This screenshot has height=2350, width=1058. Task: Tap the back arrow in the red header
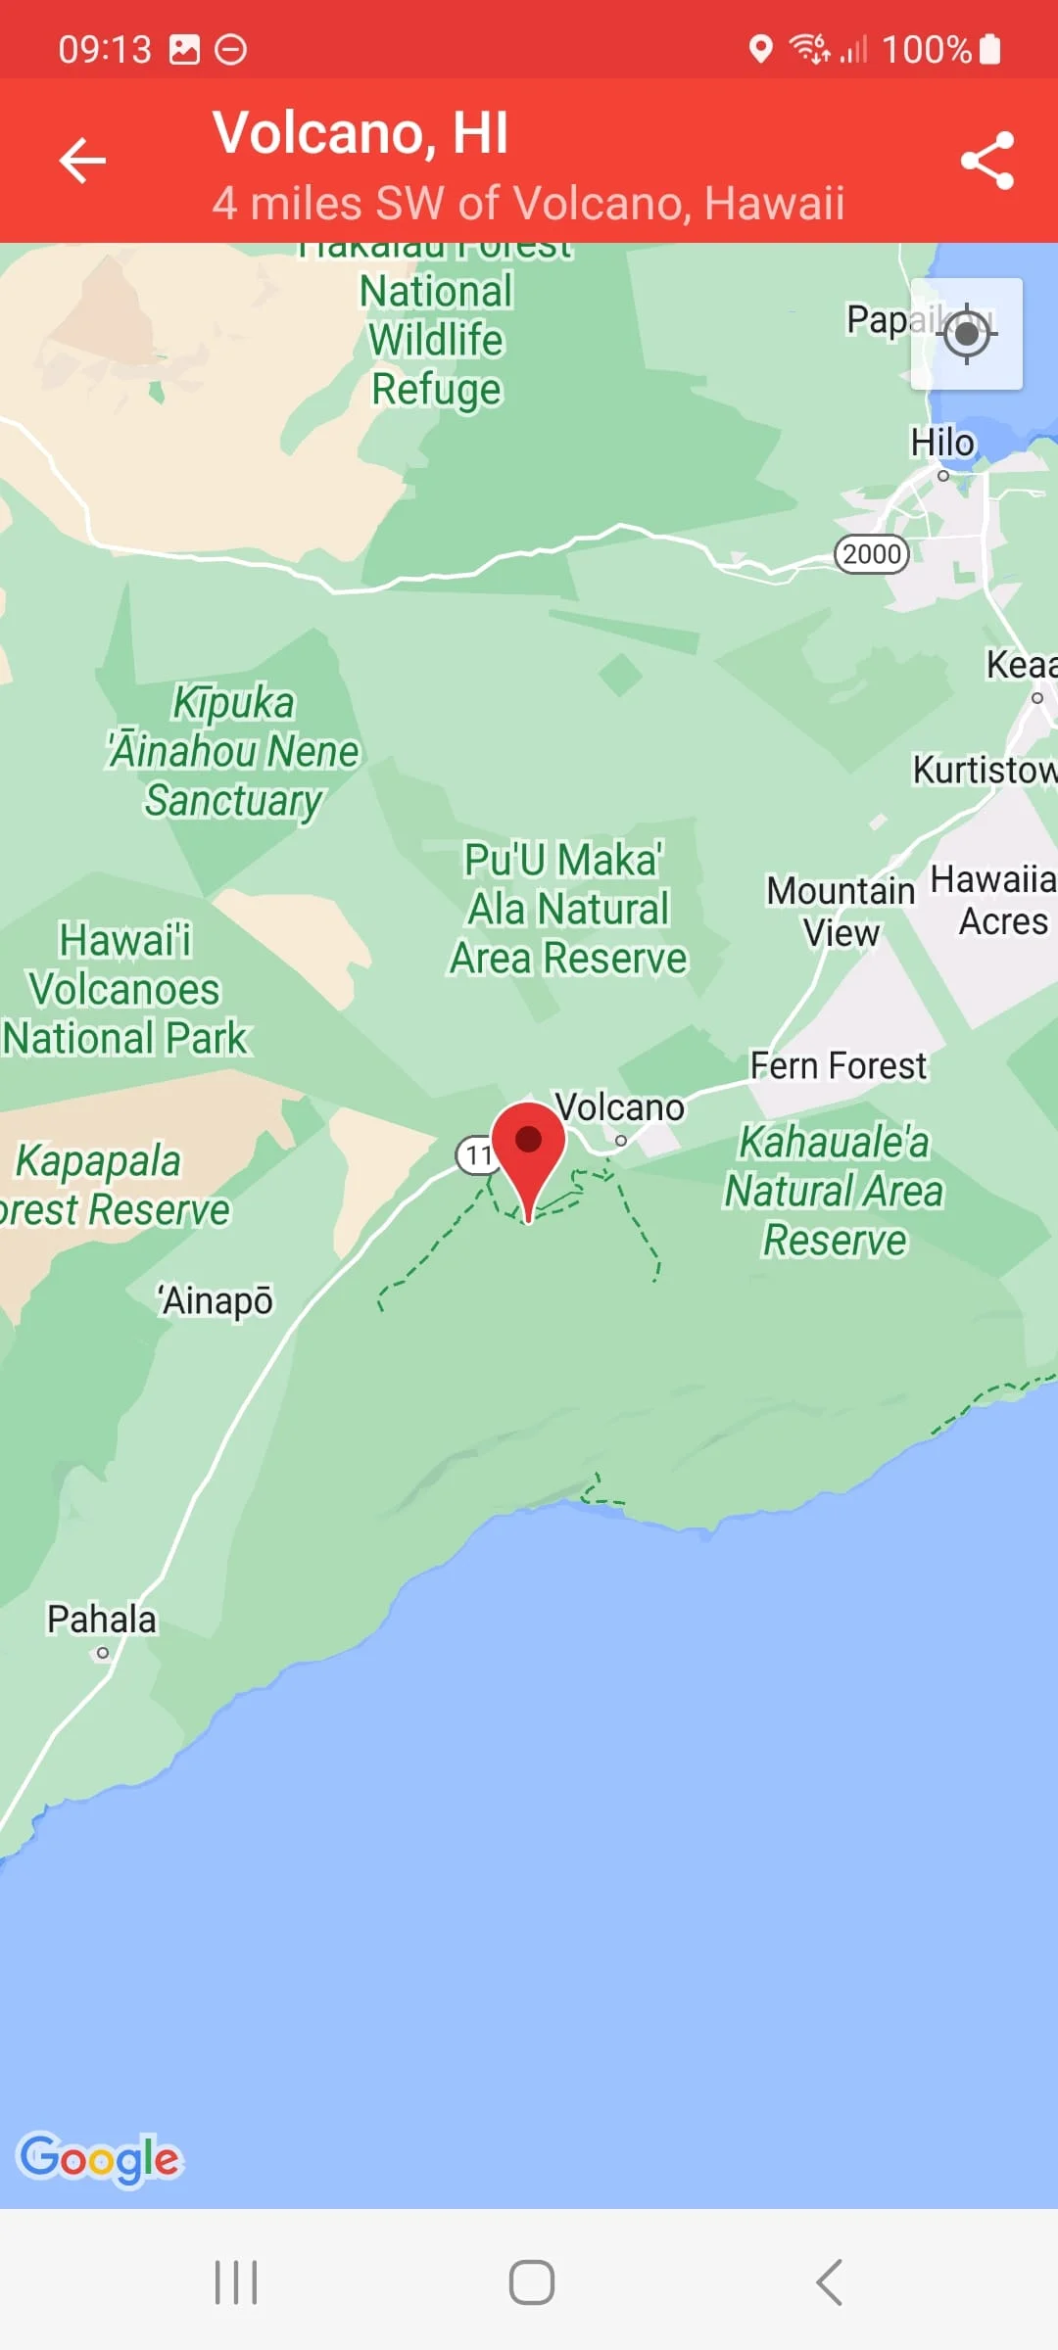[x=82, y=161]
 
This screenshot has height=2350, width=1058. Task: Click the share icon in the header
[x=986, y=161]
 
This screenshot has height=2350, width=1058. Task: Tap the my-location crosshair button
[x=967, y=334]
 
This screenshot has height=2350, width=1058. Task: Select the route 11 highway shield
[x=477, y=1155]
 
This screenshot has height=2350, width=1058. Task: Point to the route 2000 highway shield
[x=871, y=554]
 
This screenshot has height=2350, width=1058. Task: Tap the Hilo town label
[x=942, y=443]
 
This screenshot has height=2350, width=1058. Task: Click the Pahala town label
[x=102, y=1620]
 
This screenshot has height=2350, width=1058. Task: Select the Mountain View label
[x=841, y=912]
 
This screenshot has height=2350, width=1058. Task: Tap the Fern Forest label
[x=838, y=1065]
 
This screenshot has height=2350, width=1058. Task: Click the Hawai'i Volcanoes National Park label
[x=125, y=989]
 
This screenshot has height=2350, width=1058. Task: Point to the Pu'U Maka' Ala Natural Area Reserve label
[x=568, y=909]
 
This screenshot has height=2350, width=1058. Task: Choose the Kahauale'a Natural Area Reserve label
[x=834, y=1191]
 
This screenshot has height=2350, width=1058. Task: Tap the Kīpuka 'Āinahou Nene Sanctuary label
[x=233, y=751]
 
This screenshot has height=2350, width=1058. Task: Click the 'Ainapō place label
[x=216, y=1301]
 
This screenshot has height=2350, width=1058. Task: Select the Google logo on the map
[x=101, y=2158]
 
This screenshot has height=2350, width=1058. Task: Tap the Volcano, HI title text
[x=361, y=133]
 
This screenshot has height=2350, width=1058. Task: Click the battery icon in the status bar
[x=990, y=49]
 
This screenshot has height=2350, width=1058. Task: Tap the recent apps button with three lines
[x=236, y=2282]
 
